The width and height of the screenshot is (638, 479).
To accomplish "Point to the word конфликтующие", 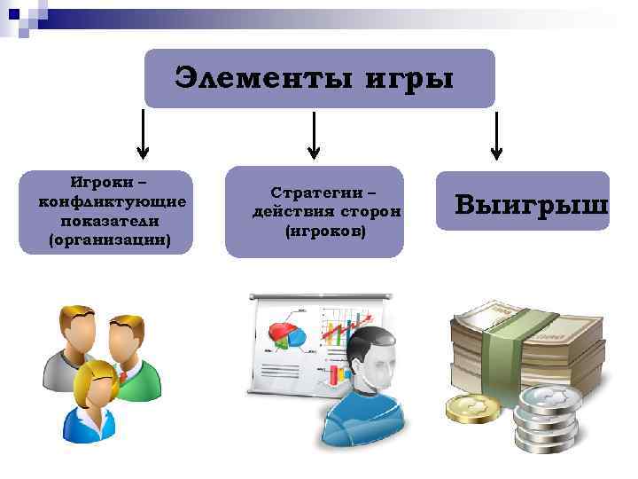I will click(x=113, y=202).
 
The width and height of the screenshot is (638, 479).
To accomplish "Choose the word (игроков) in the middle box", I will click(x=325, y=232).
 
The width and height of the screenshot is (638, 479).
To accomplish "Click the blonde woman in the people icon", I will click(x=94, y=395).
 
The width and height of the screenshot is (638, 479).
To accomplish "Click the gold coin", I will click(x=469, y=408).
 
